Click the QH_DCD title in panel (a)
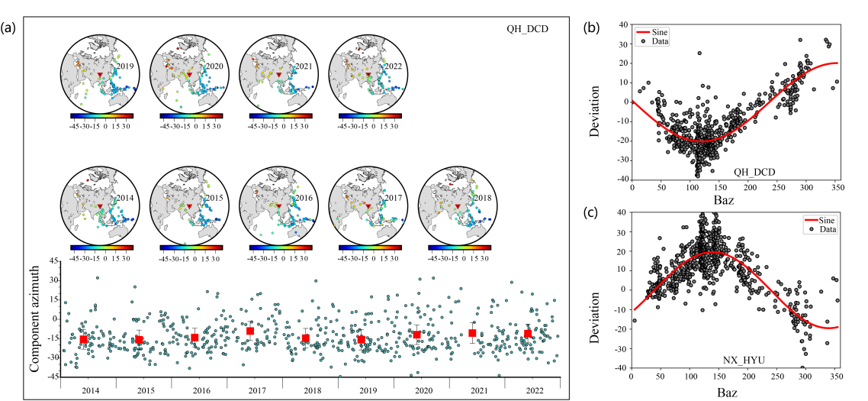528,30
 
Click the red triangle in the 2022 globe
368,74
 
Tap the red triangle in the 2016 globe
279,206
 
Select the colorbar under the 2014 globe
101,247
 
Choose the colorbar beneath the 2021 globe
279,116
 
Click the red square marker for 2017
250,331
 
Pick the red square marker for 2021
472,333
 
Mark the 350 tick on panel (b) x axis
837,186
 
